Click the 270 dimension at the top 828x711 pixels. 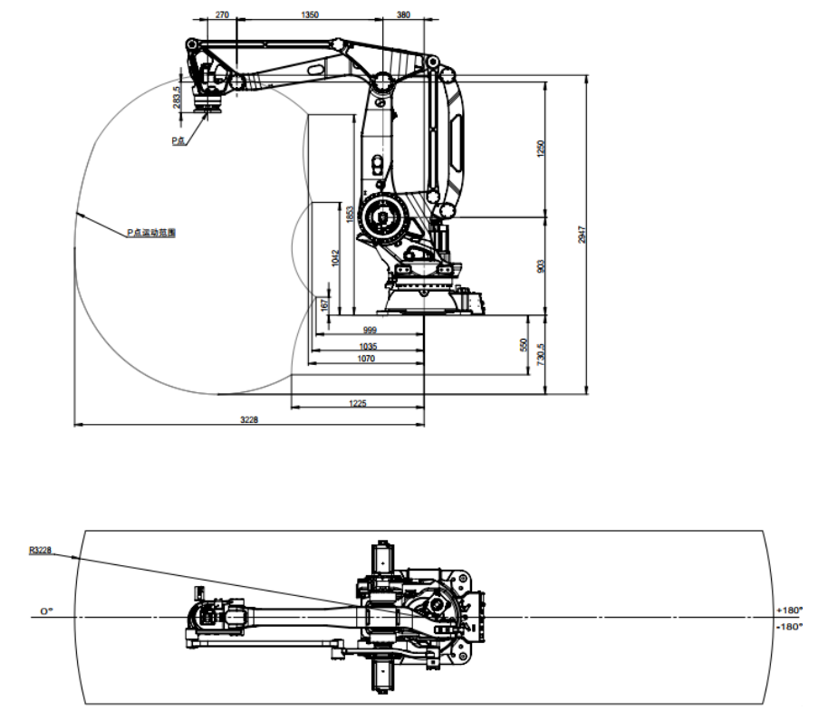(220, 15)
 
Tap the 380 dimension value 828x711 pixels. (404, 15)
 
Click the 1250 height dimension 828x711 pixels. (540, 149)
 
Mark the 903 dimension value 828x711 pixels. (540, 265)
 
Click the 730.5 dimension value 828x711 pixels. (540, 354)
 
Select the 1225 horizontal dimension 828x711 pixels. (357, 403)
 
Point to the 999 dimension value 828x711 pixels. (370, 331)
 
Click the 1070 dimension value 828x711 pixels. (367, 360)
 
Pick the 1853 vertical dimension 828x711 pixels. (349, 215)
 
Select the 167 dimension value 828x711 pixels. (324, 305)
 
